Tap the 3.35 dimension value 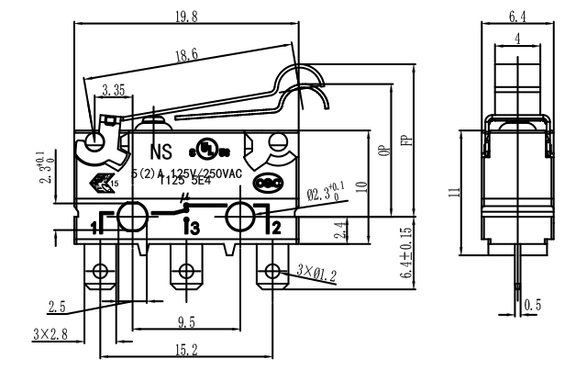pos(115,91)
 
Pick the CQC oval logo pos(266,182)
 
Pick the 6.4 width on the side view pos(517,14)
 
